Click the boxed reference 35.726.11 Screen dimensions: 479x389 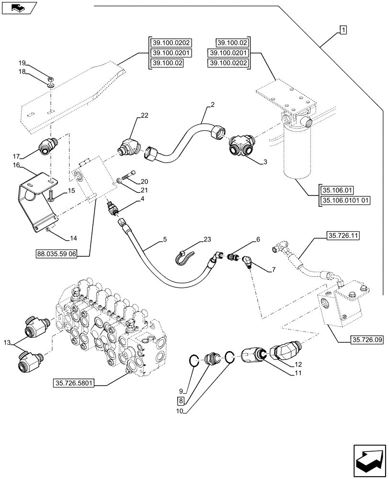click(344, 236)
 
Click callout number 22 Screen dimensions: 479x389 click(145, 115)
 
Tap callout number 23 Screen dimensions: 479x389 click(206, 239)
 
